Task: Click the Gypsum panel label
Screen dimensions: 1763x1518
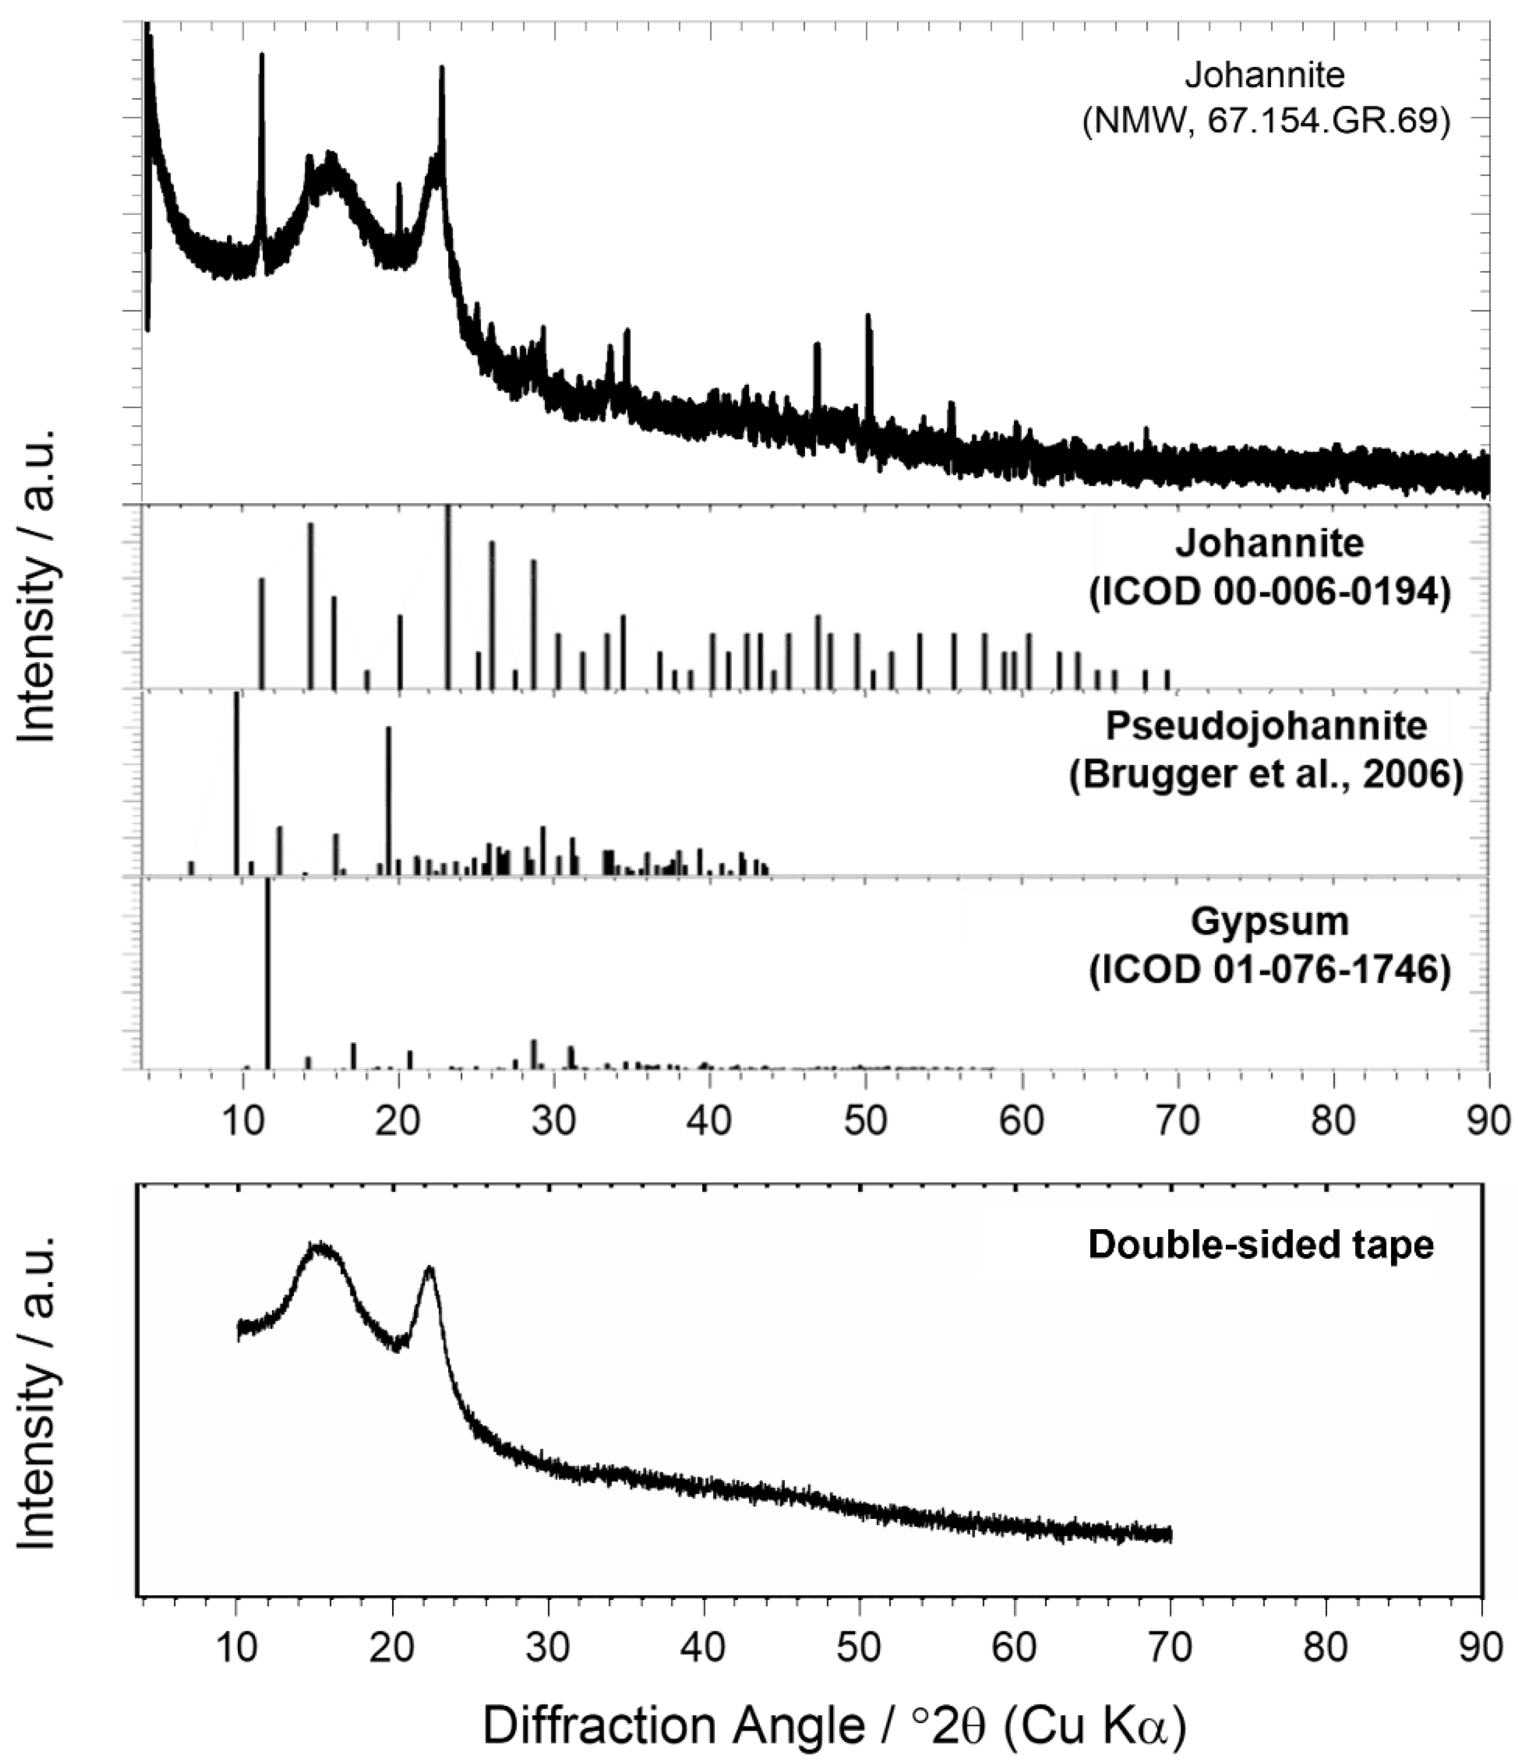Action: [x=1269, y=922]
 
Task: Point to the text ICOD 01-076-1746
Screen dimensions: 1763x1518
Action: [x=1269, y=971]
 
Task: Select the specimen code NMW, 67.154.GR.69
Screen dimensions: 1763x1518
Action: [x=1266, y=122]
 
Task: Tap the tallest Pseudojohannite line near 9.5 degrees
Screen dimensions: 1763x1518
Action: [x=237, y=783]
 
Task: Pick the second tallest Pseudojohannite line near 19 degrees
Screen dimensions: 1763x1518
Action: [x=389, y=800]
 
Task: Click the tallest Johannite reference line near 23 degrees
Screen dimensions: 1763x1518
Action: [x=448, y=596]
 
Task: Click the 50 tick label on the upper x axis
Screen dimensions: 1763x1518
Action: [x=866, y=1120]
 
